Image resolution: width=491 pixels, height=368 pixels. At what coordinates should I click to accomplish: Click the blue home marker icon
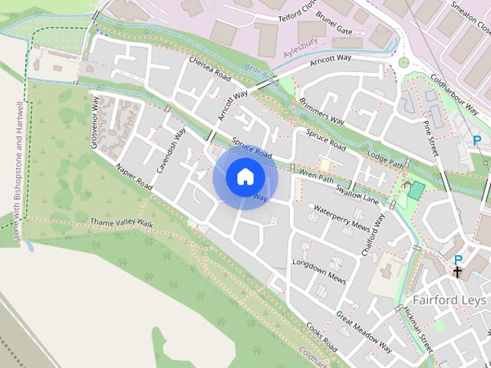[245, 176]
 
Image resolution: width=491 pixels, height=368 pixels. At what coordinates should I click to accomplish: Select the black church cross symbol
[457, 271]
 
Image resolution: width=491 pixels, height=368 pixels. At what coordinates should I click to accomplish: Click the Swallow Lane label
[360, 192]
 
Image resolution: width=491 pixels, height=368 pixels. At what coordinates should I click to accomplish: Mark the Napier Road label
[134, 177]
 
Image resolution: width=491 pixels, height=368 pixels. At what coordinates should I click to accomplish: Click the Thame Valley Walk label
[121, 223]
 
